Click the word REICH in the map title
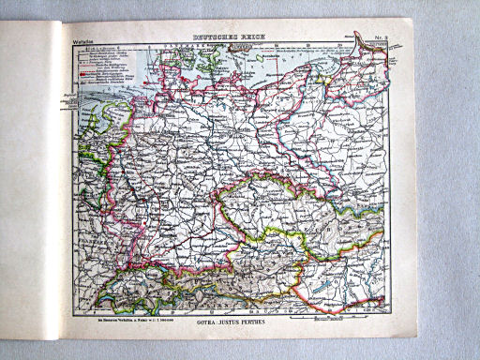pos(258,36)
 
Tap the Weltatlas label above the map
pos(82,42)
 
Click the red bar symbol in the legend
pos(82,71)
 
